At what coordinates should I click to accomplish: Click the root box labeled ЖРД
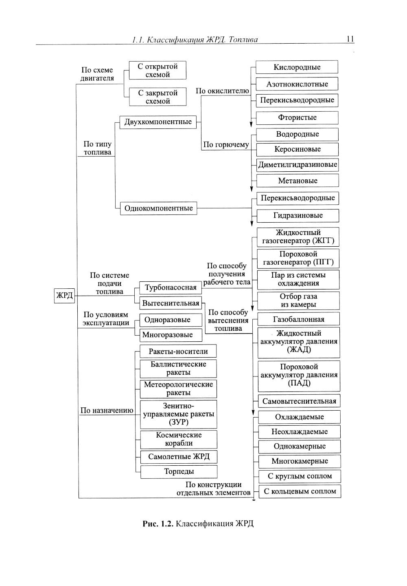tap(64, 295)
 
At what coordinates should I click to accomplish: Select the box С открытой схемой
tap(158, 71)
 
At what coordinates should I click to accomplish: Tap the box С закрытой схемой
tap(158, 97)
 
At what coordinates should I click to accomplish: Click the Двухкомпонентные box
tap(158, 122)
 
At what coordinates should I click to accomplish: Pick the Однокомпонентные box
tap(158, 208)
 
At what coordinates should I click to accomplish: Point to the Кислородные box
tap(297, 67)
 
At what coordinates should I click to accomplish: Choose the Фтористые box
tap(297, 117)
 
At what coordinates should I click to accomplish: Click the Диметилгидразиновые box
tap(298, 165)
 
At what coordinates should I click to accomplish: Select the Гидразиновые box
tap(298, 215)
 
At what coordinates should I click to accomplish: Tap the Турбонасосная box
tap(171, 287)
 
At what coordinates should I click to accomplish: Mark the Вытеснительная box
tap(171, 303)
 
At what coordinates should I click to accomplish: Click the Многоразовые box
tap(167, 335)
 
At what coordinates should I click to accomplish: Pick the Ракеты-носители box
tap(178, 351)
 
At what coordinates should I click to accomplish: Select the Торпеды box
tap(179, 471)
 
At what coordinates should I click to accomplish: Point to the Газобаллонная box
tap(298, 319)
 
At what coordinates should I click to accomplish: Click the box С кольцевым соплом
tap(300, 491)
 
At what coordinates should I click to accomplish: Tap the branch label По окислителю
tap(222, 91)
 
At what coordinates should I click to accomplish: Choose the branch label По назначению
tap(107, 411)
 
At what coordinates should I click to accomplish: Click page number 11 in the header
tap(350, 39)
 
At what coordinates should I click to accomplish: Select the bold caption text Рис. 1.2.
tap(158, 524)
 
